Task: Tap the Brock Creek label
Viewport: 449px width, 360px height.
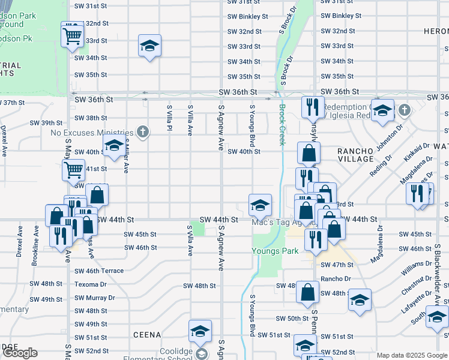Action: tap(282, 125)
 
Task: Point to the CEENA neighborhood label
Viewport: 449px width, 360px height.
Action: tap(147, 334)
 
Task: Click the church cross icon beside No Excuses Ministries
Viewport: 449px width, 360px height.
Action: tap(142, 131)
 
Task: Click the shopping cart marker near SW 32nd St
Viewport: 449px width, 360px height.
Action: tap(72, 34)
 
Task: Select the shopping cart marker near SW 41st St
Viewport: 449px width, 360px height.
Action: tap(73, 170)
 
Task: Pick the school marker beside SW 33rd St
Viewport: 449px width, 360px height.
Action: tap(149, 46)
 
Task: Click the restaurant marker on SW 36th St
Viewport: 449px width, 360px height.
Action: tap(311, 107)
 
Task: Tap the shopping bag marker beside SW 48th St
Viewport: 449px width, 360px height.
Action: tap(307, 292)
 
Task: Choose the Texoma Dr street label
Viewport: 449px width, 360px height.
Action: tap(90, 284)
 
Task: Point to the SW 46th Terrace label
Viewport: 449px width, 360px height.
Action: tap(99, 271)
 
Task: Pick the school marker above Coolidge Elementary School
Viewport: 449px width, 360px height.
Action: tap(200, 330)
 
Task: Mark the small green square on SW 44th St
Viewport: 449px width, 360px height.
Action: tap(197, 229)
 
